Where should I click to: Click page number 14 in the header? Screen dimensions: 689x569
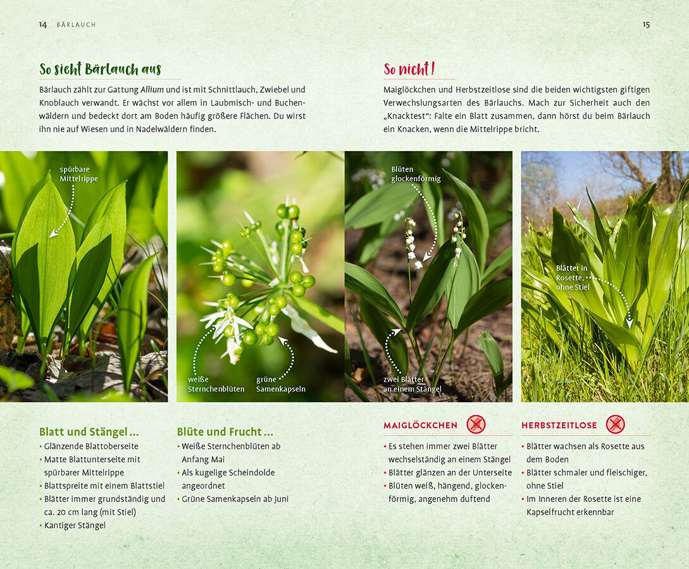(42, 25)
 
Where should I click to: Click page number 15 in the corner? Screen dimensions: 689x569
(646, 25)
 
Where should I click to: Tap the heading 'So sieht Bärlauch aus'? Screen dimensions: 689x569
(100, 69)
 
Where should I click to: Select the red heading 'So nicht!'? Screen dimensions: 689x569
(409, 69)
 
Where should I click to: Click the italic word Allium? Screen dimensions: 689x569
(152, 90)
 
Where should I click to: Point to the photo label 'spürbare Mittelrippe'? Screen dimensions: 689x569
(78, 174)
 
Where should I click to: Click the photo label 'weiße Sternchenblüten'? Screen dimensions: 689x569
(216, 384)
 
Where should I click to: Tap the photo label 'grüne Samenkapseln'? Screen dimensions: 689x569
(280, 384)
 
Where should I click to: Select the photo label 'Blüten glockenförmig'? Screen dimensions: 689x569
(416, 174)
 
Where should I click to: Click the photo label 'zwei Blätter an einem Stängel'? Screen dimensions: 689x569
(412, 384)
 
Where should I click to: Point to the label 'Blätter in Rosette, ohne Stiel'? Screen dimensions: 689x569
(573, 278)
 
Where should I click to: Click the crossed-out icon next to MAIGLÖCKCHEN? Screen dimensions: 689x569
(476, 424)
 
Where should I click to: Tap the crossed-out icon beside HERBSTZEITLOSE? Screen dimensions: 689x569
(615, 424)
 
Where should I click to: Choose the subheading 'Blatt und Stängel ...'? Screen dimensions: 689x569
(89, 432)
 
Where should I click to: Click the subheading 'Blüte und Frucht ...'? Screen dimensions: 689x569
(225, 432)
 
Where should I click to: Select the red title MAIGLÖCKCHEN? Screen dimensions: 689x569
(421, 425)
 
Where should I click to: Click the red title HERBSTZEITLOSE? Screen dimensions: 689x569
(559, 425)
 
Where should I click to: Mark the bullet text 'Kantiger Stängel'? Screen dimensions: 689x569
(75, 525)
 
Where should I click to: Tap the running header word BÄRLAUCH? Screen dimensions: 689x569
(76, 25)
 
